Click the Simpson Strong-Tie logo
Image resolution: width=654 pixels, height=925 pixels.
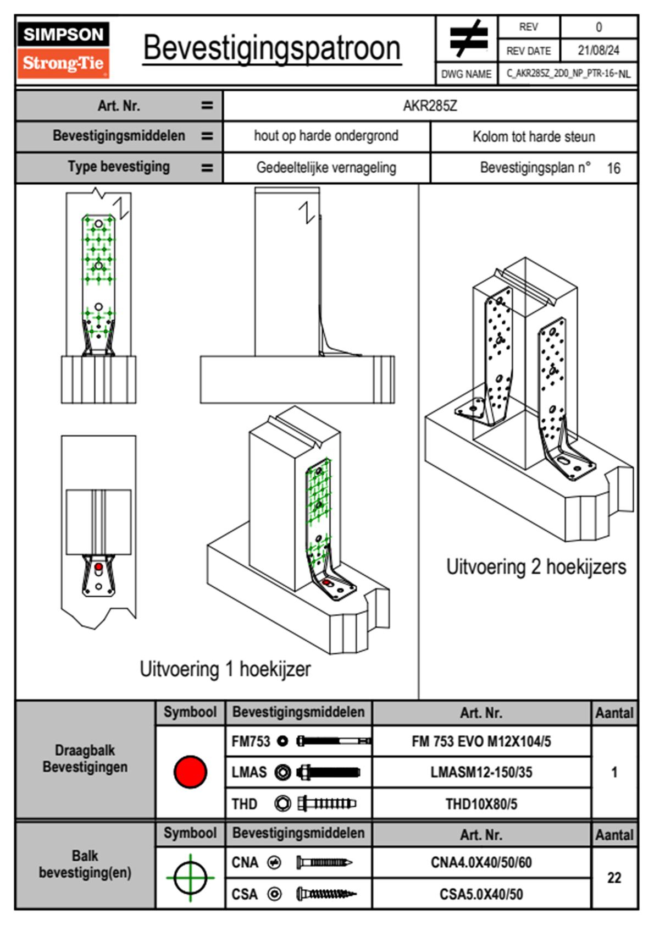tap(63, 50)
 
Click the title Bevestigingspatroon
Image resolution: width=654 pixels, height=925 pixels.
tap(271, 48)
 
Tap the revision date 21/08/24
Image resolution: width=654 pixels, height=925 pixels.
tap(598, 51)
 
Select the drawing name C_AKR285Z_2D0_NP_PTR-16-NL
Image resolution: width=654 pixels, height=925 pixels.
tap(568, 74)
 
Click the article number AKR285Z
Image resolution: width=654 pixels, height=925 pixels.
tap(430, 106)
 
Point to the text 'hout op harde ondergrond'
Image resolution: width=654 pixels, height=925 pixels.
tap(326, 136)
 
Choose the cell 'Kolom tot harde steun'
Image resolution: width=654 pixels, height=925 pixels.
tap(534, 136)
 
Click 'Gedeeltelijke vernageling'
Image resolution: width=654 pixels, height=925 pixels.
tap(326, 168)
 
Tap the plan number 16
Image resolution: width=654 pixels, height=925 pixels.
tap(613, 168)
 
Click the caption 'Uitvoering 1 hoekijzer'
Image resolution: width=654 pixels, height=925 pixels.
tap(225, 669)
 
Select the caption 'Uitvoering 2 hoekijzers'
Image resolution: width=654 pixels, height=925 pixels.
tap(536, 567)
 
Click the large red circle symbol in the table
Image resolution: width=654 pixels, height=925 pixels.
tap(190, 772)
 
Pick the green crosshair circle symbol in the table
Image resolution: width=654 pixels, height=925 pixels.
tap(190, 878)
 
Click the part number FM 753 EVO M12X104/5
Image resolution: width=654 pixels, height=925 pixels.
tap(481, 741)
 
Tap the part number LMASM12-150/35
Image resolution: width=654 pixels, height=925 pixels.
tap(481, 772)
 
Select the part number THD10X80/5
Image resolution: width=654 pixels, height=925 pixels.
tap(481, 804)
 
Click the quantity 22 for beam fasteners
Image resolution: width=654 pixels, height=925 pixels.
tap(614, 878)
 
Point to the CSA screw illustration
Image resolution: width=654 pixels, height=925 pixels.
tap(325, 894)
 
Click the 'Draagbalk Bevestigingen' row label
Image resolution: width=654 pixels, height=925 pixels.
tap(85, 758)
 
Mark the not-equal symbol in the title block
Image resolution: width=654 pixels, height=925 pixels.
tap(468, 38)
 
